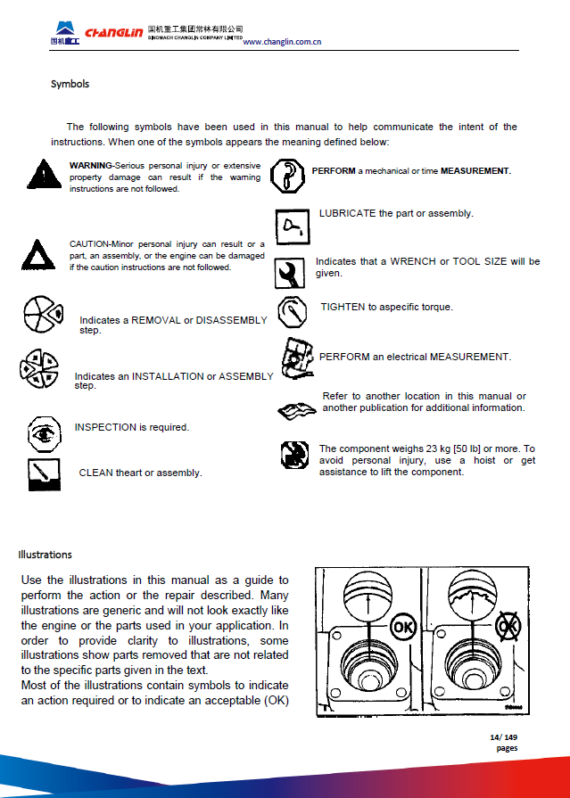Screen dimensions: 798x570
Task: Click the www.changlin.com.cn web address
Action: [282, 42]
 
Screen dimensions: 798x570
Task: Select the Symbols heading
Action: [70, 84]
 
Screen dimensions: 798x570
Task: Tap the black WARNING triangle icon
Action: [40, 174]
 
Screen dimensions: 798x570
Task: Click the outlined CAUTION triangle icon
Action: [37, 255]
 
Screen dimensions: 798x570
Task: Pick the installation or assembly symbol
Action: [38, 369]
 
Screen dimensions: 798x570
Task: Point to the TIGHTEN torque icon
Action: [293, 311]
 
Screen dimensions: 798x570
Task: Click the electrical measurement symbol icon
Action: [294, 357]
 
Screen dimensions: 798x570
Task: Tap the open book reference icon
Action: [296, 409]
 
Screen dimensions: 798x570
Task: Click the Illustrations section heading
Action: [45, 555]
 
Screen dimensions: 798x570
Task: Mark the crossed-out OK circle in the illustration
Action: [508, 626]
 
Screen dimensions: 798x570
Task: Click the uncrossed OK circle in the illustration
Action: [403, 626]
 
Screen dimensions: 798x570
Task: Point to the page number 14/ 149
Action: [504, 736]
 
